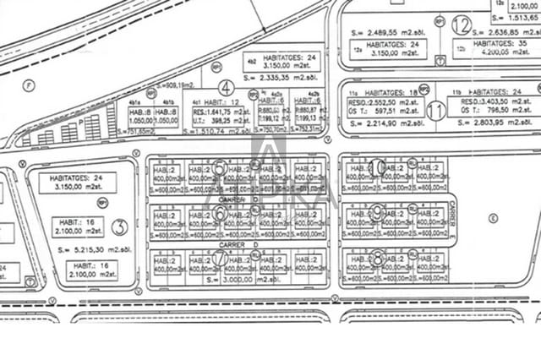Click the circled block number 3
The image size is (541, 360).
click(x=119, y=226)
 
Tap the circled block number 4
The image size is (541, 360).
click(x=226, y=87)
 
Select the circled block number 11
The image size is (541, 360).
click(x=436, y=110)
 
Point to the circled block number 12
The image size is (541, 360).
click(x=461, y=25)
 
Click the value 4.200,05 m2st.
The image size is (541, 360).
click(x=501, y=52)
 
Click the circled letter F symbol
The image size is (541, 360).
click(x=28, y=85)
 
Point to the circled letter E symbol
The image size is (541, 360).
click(x=493, y=217)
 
